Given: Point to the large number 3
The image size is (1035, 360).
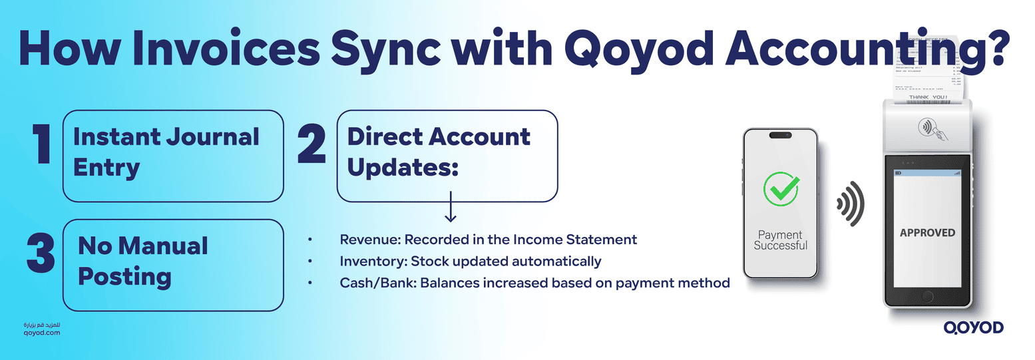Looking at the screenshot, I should click(x=41, y=253).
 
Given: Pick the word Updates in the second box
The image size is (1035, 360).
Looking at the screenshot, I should click(x=403, y=168).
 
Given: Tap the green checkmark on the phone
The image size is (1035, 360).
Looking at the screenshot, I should click(x=780, y=189).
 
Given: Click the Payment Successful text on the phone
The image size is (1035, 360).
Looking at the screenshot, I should click(x=780, y=240).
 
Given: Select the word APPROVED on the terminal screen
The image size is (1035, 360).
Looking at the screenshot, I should click(x=927, y=233).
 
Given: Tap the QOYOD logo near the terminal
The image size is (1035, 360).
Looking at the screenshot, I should click(x=973, y=327).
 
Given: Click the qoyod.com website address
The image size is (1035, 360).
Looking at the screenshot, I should click(x=41, y=332).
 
